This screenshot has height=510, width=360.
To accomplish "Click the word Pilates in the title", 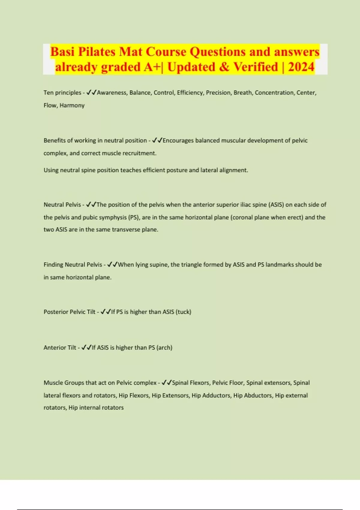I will [97, 52].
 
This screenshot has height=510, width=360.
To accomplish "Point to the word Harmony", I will [72, 105].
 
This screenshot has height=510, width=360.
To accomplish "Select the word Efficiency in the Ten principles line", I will [190, 93].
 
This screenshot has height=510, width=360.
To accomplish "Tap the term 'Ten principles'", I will [62, 93].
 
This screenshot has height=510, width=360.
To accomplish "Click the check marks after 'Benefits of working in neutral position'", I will [157, 140].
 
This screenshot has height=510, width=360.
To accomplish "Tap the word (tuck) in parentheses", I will [183, 312].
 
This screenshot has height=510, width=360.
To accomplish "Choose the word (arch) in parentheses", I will [164, 348].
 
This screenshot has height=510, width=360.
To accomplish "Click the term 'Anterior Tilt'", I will [60, 348].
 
